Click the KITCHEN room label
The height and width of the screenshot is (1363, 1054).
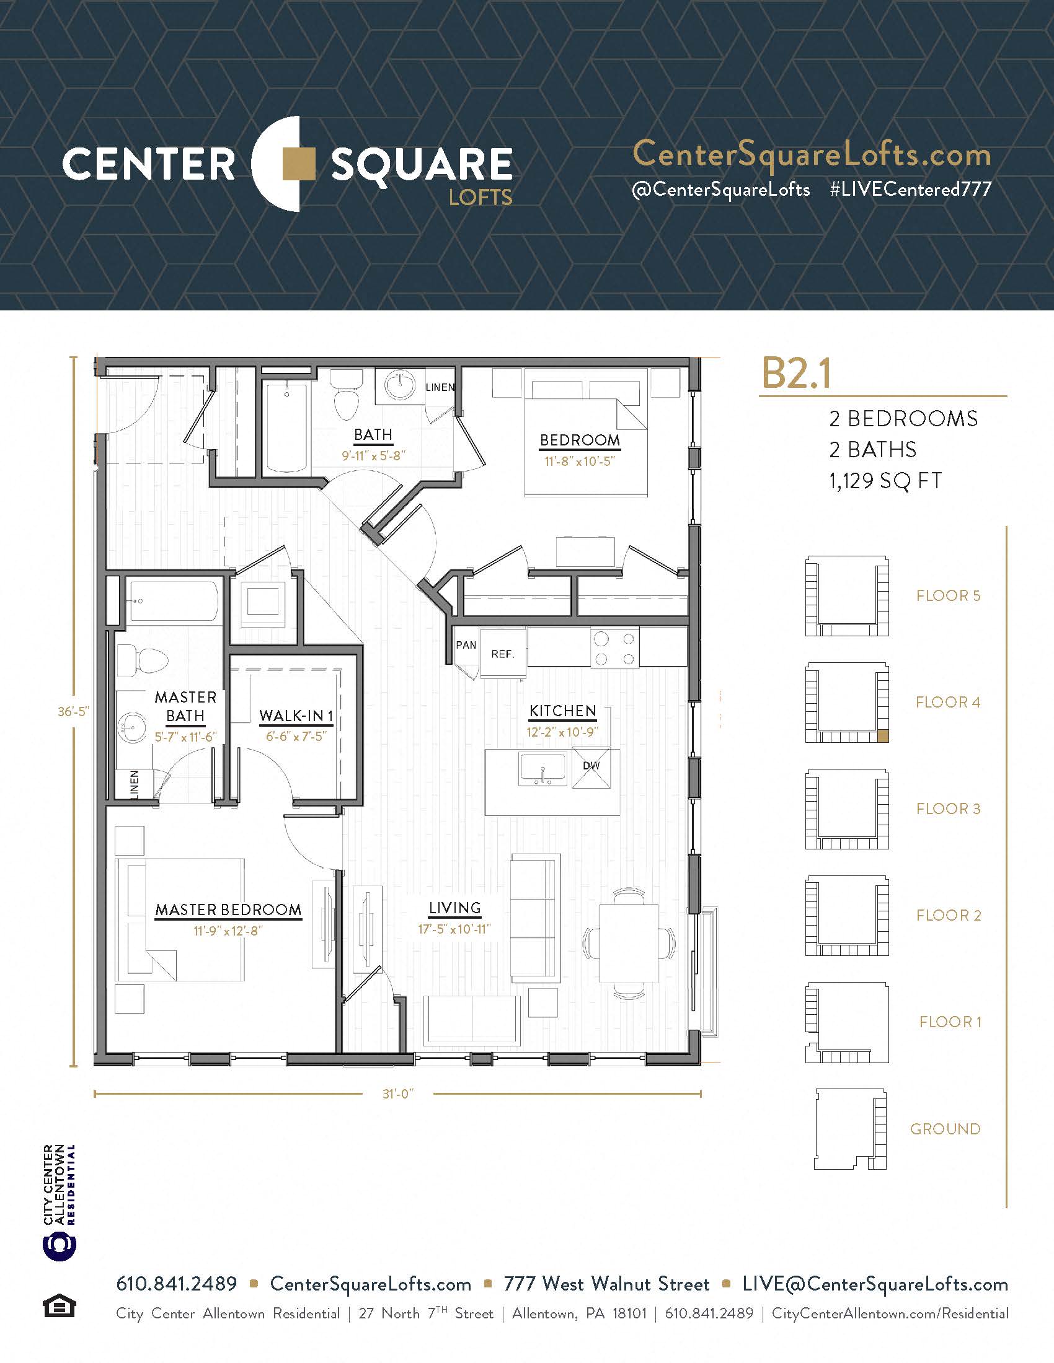pyautogui.click(x=562, y=711)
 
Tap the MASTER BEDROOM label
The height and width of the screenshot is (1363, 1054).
pyautogui.click(x=228, y=910)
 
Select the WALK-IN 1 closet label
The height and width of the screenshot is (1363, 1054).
pyautogui.click(x=296, y=716)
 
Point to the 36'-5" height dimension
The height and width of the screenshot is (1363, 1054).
pyautogui.click(x=74, y=711)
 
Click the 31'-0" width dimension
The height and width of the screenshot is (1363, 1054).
pyautogui.click(x=399, y=1094)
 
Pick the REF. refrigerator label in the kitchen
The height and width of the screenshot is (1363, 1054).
pyautogui.click(x=503, y=654)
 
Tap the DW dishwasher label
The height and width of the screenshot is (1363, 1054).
pyautogui.click(x=591, y=766)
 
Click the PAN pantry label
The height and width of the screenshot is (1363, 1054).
pyautogui.click(x=466, y=645)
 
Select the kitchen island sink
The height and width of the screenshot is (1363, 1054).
pyautogui.click(x=542, y=768)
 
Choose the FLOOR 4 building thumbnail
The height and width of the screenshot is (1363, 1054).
pyautogui.click(x=847, y=702)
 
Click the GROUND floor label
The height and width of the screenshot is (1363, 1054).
pyautogui.click(x=945, y=1129)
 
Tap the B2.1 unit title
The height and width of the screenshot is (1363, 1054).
pyautogui.click(x=796, y=373)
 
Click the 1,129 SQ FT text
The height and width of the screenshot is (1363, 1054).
pyautogui.click(x=885, y=481)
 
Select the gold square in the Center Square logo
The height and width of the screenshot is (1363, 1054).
pyautogui.click(x=298, y=164)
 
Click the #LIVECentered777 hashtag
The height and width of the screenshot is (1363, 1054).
pyautogui.click(x=910, y=189)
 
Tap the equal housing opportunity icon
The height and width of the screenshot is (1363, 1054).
pyautogui.click(x=60, y=1306)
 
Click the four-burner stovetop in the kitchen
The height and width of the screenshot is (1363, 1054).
pyautogui.click(x=614, y=649)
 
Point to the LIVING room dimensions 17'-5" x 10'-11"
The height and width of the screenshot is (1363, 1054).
pyautogui.click(x=454, y=929)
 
